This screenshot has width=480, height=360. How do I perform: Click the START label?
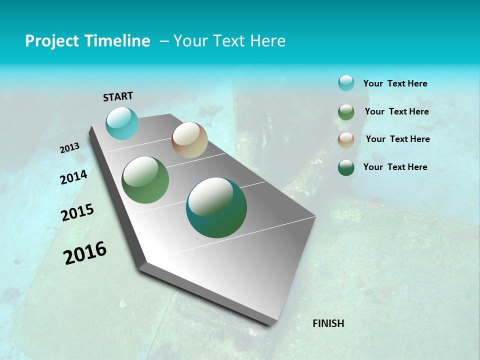[118, 96]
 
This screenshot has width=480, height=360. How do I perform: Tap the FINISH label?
[328, 323]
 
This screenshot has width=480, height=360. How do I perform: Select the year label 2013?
[69, 148]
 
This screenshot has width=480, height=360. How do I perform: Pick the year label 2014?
[73, 177]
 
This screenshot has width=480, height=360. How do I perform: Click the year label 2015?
[77, 212]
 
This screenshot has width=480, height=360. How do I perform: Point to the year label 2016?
[85, 253]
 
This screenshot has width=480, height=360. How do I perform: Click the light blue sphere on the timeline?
[122, 123]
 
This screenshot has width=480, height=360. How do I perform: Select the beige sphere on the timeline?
[189, 140]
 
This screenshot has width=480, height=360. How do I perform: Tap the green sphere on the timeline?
[145, 180]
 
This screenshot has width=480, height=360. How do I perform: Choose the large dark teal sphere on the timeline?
[216, 207]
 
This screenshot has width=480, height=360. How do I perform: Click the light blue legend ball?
[346, 83]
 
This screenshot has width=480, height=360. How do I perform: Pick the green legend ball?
[346, 112]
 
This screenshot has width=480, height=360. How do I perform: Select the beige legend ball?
[346, 140]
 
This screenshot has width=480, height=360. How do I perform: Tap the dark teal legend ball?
[346, 167]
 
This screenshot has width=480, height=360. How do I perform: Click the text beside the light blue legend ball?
[395, 84]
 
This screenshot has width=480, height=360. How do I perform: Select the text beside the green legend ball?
[396, 111]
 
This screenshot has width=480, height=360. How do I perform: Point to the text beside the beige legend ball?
[397, 139]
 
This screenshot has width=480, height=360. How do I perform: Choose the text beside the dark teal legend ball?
[395, 167]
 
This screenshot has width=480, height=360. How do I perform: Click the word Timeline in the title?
[118, 41]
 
